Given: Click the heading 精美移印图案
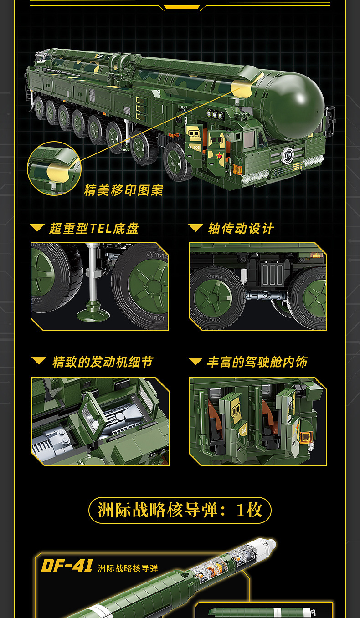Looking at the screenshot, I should point(123,190).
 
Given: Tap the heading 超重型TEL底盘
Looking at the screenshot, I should point(93,228).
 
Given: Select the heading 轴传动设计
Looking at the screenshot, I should point(241,228).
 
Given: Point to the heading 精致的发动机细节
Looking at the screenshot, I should point(103,362).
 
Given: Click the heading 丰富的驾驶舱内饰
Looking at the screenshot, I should point(257,362).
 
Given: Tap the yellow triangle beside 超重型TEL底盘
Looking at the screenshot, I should point(37,228).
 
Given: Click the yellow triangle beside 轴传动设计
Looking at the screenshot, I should point(195,228).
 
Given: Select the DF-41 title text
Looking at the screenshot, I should point(67,566).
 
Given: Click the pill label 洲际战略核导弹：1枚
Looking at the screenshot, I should point(180,510).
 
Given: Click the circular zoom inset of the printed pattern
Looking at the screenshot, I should point(54,168).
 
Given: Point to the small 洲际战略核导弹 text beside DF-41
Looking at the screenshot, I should point(128,568).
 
